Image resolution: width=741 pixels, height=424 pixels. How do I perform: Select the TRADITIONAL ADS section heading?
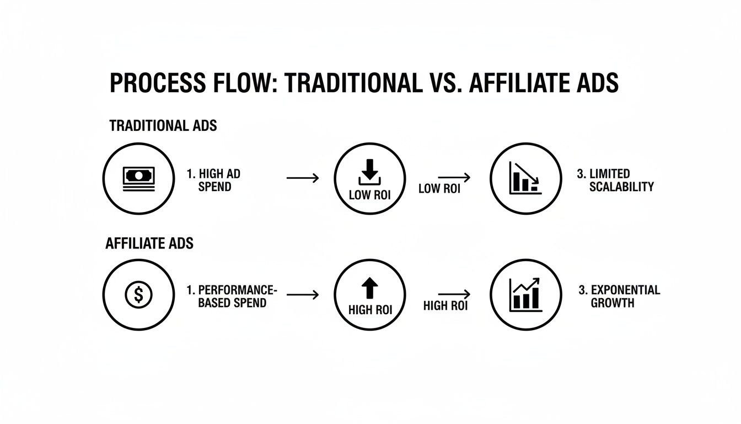tap(163, 125)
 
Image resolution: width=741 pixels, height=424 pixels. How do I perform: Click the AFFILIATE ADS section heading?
tap(149, 243)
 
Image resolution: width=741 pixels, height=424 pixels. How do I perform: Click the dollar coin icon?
tap(138, 295)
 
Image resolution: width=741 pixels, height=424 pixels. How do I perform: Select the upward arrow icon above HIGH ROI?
tap(369, 288)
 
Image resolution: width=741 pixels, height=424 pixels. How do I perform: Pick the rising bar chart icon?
tap(525, 294)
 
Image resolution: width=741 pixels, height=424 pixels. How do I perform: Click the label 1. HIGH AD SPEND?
tap(214, 181)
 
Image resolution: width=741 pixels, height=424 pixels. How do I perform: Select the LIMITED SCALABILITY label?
tap(615, 181)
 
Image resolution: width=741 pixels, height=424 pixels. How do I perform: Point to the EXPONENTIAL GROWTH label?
tap(618, 296)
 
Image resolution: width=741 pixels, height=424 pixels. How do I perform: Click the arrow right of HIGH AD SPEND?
tap(303, 178)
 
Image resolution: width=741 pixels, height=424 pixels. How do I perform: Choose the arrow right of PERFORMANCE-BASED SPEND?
tap(303, 295)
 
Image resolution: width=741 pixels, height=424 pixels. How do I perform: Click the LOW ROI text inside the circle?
tap(369, 195)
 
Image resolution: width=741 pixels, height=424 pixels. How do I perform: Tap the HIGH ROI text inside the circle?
tap(369, 310)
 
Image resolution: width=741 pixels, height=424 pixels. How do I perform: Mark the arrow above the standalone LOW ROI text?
tap(454, 178)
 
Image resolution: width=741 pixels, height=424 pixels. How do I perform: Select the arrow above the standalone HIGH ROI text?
tap(454, 294)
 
